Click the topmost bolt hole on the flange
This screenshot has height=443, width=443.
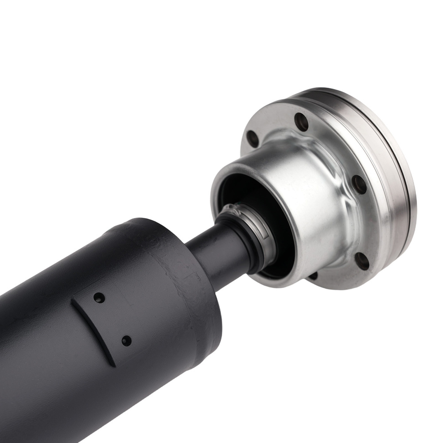(301, 121)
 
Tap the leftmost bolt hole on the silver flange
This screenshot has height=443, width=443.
(253, 139)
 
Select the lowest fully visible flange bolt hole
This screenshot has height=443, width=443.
(362, 261)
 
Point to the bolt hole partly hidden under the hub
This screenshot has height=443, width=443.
(313, 276)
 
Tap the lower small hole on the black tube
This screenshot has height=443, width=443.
(126, 341)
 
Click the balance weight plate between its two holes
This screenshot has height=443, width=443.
(113, 319)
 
